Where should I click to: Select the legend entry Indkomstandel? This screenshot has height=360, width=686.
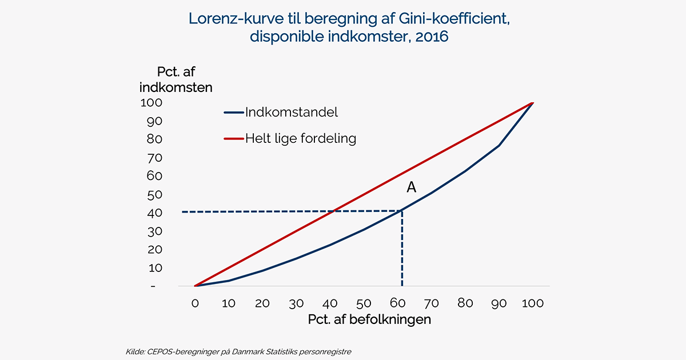pyautogui.click(x=291, y=112)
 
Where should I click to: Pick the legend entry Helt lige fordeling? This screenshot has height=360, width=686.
pyautogui.click(x=300, y=138)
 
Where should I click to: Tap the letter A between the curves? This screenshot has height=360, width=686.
pyautogui.click(x=411, y=187)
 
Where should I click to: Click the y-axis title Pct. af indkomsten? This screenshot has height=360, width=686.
pyautogui.click(x=176, y=80)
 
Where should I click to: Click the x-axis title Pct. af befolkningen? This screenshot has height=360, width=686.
pyautogui.click(x=369, y=319)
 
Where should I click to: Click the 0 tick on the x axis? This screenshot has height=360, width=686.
pyautogui.click(x=195, y=303)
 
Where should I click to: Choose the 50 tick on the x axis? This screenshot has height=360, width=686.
pyautogui.click(x=364, y=303)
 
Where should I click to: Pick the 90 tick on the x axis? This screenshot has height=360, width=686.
pyautogui.click(x=499, y=303)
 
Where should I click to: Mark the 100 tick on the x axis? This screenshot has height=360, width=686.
pyautogui.click(x=533, y=303)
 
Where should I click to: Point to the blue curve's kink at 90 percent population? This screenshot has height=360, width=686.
pyautogui.click(x=500, y=146)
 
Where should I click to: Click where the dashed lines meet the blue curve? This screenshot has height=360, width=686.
pyautogui.click(x=402, y=211)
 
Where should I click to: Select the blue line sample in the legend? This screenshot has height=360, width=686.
pyautogui.click(x=233, y=113)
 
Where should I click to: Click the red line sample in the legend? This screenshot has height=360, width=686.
pyautogui.click(x=233, y=138)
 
